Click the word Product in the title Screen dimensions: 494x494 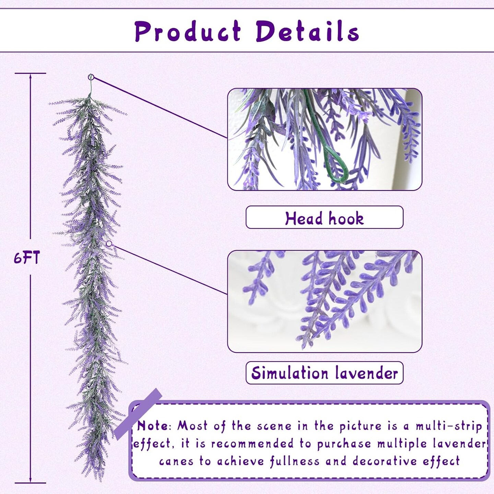click(x=188, y=32)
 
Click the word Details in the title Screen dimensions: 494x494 click(x=307, y=32)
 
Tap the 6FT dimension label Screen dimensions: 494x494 click(x=27, y=257)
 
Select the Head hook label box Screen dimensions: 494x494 click(x=324, y=217)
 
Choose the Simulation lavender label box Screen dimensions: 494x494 click(x=324, y=373)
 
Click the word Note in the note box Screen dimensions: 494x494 click(x=152, y=426)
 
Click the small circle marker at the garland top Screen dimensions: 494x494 click(x=91, y=77)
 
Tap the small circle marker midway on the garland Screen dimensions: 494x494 click(x=109, y=244)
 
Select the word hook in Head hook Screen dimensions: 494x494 click(x=346, y=218)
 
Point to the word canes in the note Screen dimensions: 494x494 click(x=176, y=461)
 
